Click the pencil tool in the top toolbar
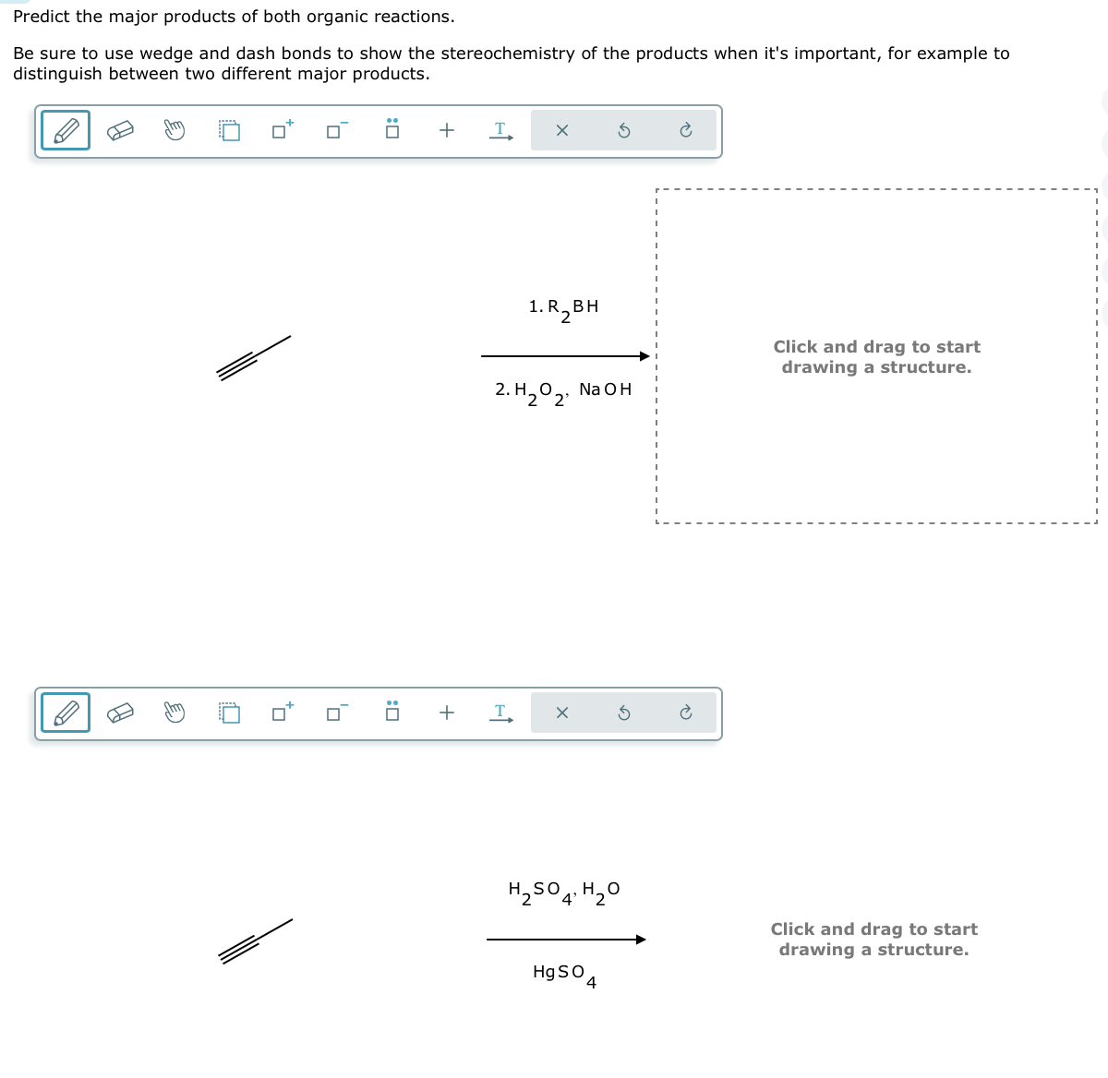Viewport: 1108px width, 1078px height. tap(66, 130)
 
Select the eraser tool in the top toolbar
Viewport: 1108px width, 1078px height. tap(120, 131)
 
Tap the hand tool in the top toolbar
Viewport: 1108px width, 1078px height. tap(174, 130)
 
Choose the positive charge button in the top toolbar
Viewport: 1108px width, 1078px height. tap(282, 130)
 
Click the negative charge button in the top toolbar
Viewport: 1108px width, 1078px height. tap(336, 130)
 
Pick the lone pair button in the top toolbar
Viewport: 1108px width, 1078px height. tap(391, 130)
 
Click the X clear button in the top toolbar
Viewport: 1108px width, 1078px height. tap(561, 131)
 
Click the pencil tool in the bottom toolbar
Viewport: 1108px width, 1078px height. tap(66, 713)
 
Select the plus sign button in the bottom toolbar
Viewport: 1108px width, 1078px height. tap(447, 713)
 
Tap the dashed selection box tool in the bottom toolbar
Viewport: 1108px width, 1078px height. tap(229, 713)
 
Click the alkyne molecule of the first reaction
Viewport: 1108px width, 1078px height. tap(254, 357)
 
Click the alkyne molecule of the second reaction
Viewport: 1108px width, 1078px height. tap(256, 940)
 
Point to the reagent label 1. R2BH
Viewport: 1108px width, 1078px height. tap(563, 307)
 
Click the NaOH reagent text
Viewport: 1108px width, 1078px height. tap(605, 389)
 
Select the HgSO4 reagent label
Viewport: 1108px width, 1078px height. tap(564, 974)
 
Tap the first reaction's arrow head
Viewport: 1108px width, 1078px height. tap(645, 356)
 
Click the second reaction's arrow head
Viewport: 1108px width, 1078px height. tap(641, 940)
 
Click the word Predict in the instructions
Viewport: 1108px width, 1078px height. tap(42, 17)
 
